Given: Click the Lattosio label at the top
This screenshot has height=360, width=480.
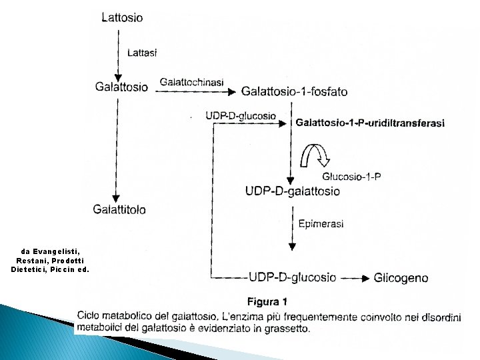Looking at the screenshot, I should tap(121, 17).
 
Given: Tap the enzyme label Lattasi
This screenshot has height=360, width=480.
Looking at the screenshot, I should tap(141, 52).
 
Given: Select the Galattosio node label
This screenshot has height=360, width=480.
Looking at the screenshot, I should tap(122, 87).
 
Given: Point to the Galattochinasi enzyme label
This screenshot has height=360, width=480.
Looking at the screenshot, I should tap(191, 81).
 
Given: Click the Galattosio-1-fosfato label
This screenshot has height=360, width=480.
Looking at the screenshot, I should tap(294, 91).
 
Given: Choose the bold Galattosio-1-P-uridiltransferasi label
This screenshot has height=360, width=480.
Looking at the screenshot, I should tap(370, 123).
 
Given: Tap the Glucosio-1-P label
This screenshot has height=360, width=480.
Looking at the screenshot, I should tap(351, 177).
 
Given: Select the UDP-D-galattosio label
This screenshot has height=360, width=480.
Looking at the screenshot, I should tap(292, 191).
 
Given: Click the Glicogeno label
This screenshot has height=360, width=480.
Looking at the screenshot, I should tap(401, 277).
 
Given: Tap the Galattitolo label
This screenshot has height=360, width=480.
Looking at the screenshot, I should tap(119, 209).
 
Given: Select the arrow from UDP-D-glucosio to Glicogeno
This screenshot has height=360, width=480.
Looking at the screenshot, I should tap(355, 278).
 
